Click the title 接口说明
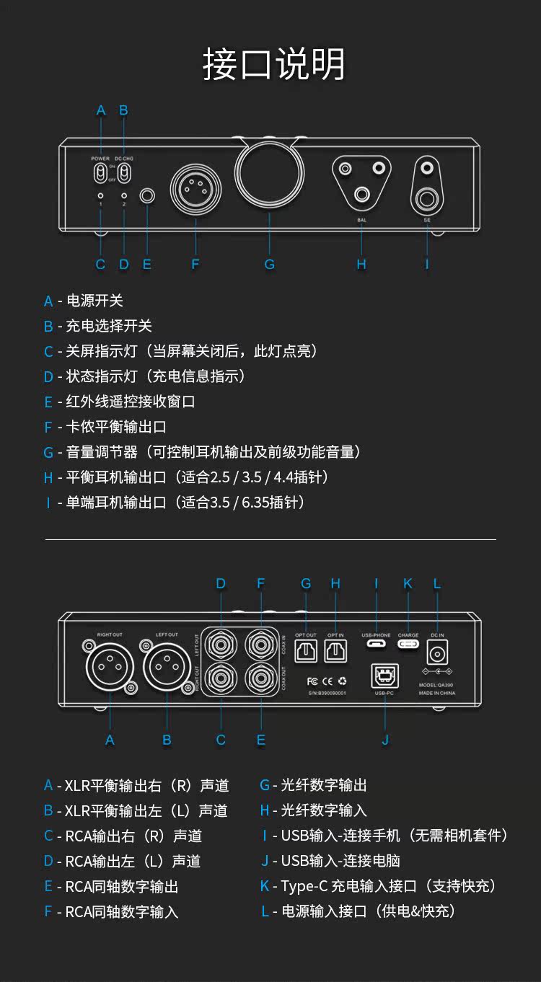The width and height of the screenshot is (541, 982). pyautogui.click(x=273, y=65)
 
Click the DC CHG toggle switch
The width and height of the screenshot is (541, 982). pyautogui.click(x=124, y=173)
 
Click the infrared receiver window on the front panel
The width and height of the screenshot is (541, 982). pyautogui.click(x=148, y=195)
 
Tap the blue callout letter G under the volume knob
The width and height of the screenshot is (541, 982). pyautogui.click(x=269, y=265)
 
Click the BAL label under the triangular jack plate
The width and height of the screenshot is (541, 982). pyautogui.click(x=361, y=220)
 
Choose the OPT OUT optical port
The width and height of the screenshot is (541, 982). pyautogui.click(x=306, y=652)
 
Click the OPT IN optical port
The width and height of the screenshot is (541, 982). pyautogui.click(x=335, y=652)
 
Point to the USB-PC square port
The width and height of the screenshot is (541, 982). pyautogui.click(x=384, y=676)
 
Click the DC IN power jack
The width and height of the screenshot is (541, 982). pyautogui.click(x=437, y=653)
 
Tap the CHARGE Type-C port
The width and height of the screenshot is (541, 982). pyautogui.click(x=408, y=644)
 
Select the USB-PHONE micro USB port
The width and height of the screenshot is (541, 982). pyautogui.click(x=376, y=644)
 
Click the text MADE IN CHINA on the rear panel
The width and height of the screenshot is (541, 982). pyautogui.click(x=437, y=693)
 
